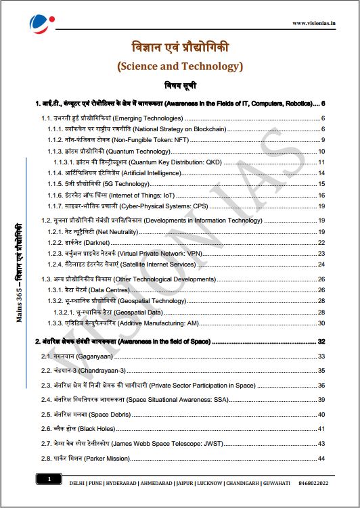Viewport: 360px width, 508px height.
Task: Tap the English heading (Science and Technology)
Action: click(179, 66)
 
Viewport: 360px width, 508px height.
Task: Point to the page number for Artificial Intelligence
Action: click(322, 173)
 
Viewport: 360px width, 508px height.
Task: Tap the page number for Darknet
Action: click(322, 242)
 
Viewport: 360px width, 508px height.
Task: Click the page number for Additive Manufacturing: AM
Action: click(322, 323)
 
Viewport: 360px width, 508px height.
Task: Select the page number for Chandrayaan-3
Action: click(322, 371)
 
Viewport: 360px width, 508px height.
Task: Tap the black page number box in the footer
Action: click(49, 480)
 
